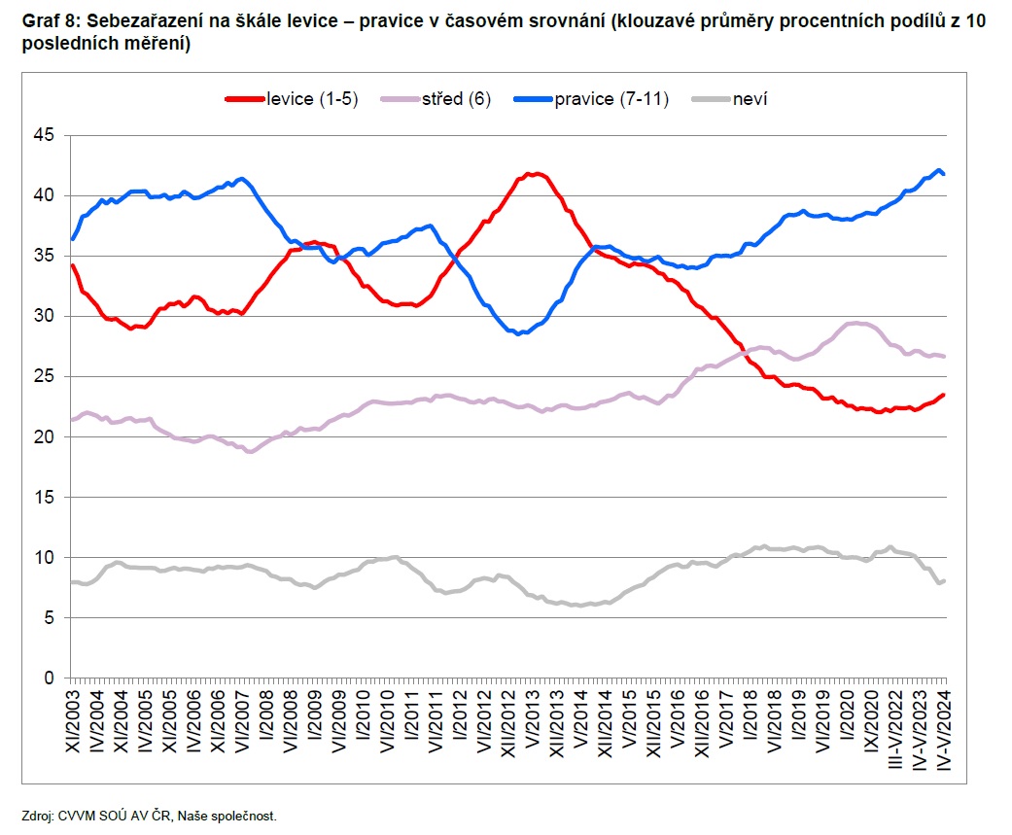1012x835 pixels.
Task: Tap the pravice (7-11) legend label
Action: click(611, 99)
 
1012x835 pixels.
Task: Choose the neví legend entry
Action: click(751, 99)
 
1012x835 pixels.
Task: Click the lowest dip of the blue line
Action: click(520, 333)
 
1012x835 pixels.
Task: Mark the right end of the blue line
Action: click(944, 174)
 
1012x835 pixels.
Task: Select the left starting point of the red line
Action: click(71, 264)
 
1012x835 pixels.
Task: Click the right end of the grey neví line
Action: click(944, 580)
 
